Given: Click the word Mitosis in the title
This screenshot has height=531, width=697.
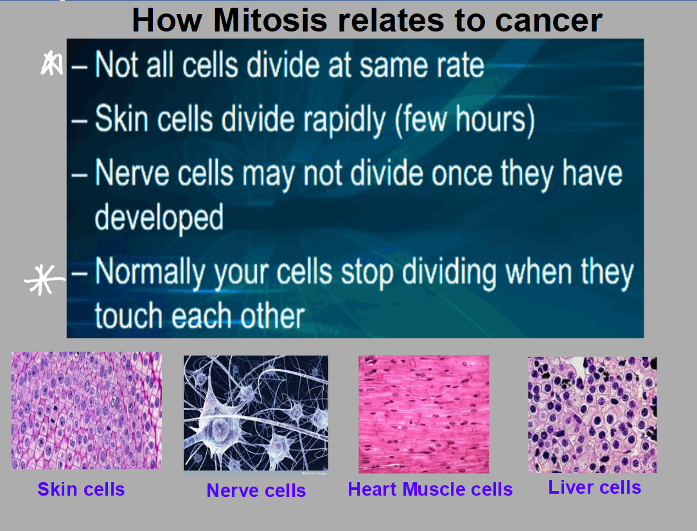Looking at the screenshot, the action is (270, 21).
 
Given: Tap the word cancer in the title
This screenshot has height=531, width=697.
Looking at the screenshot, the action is (549, 21).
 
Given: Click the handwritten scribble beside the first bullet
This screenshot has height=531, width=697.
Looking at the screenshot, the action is (51, 63).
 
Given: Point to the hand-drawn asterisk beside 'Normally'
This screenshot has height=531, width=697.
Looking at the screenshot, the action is (44, 279).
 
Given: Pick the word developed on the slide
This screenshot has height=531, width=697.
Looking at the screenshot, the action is (159, 218).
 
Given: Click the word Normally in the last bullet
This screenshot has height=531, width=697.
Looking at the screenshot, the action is (149, 273).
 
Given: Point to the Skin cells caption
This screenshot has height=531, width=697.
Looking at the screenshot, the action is (81, 489).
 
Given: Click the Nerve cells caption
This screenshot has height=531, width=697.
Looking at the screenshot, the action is (256, 491).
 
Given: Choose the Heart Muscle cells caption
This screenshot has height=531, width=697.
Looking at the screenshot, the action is (430, 489).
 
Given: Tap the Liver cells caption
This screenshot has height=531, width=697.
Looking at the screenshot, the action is (595, 487).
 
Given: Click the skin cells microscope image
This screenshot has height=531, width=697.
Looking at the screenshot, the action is (87, 411).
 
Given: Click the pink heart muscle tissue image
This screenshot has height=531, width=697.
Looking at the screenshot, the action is (424, 414).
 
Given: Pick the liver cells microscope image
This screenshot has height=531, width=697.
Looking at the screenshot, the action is (592, 415).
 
